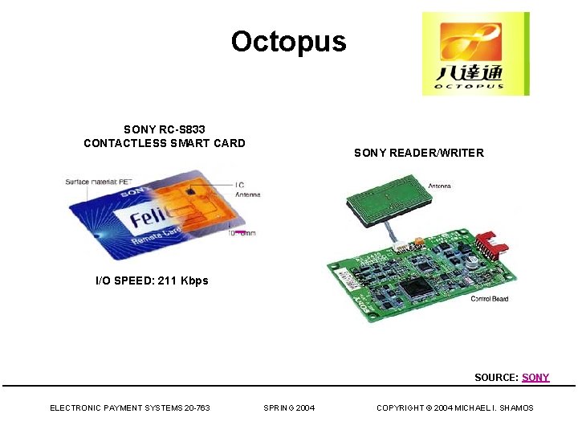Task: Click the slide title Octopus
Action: pyautogui.click(x=288, y=41)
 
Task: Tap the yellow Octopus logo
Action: pyautogui.click(x=475, y=54)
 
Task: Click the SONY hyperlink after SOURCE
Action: pyautogui.click(x=535, y=377)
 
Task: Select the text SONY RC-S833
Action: pyautogui.click(x=164, y=129)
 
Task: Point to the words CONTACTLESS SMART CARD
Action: pyautogui.click(x=164, y=144)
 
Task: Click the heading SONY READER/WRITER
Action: pyautogui.click(x=418, y=153)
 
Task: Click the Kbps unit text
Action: pyautogui.click(x=194, y=280)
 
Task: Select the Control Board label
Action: pyautogui.click(x=489, y=299)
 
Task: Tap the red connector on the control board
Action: pyautogui.click(x=486, y=246)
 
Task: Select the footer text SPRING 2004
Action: pyautogui.click(x=289, y=408)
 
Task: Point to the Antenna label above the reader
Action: pyautogui.click(x=439, y=186)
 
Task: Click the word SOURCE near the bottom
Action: pyautogui.click(x=496, y=377)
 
